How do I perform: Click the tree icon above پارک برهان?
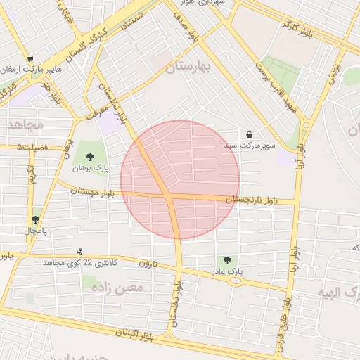point(89,156)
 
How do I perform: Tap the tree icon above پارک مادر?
point(226,260)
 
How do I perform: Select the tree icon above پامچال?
point(35,219)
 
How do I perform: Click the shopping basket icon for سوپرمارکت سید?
point(249,134)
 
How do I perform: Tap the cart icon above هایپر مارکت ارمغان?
point(30,59)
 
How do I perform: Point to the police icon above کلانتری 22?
point(79,251)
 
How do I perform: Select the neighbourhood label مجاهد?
point(25,124)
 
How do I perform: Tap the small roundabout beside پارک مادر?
point(235,280)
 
